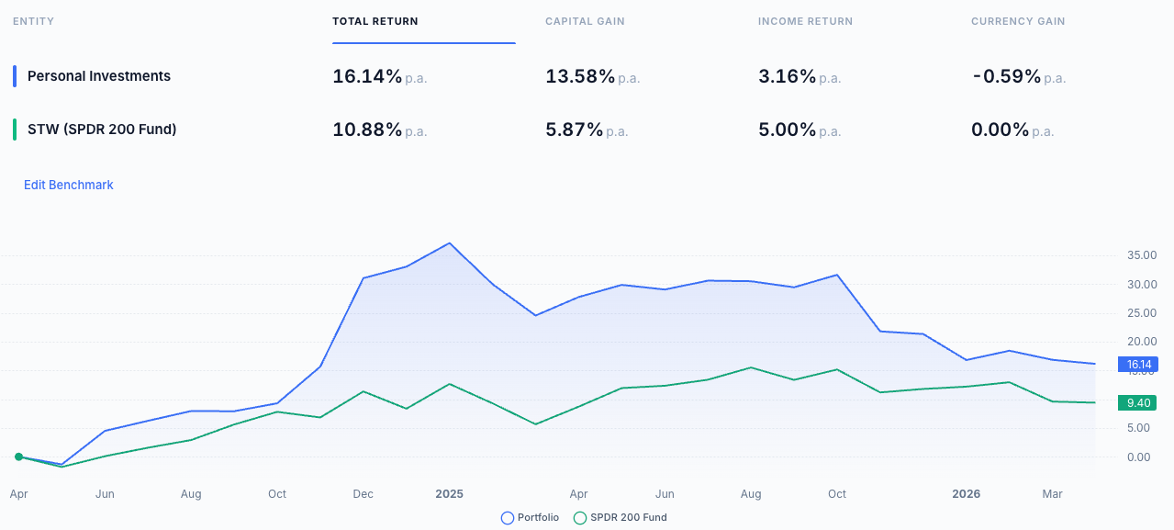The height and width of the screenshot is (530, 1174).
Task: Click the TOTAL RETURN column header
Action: click(x=375, y=21)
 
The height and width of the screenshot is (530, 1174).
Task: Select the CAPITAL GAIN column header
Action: click(x=585, y=21)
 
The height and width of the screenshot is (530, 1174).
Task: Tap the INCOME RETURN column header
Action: click(x=805, y=21)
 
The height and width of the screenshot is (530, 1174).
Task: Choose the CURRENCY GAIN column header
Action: click(x=1018, y=21)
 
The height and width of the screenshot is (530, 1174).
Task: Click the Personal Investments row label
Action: click(x=99, y=76)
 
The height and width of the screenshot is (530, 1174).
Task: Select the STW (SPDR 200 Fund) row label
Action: click(x=102, y=130)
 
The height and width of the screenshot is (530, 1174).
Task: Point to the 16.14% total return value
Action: click(x=367, y=76)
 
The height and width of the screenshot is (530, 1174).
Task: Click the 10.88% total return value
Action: click(x=367, y=130)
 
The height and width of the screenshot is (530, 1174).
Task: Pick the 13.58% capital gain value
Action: click(x=580, y=76)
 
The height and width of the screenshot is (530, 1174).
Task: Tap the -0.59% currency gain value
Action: click(x=1007, y=76)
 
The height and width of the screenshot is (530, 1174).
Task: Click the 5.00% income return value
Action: click(x=787, y=130)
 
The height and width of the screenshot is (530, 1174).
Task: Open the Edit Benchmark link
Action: click(x=69, y=185)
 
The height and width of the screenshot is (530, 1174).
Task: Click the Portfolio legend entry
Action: click(x=530, y=518)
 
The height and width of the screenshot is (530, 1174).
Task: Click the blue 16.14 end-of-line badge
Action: click(x=1138, y=365)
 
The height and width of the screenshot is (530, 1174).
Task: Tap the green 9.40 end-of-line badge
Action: click(x=1138, y=402)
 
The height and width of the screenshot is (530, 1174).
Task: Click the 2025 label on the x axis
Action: click(x=449, y=494)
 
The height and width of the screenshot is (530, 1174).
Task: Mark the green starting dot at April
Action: click(x=18, y=457)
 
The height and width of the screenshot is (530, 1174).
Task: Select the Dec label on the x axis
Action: click(x=363, y=494)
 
